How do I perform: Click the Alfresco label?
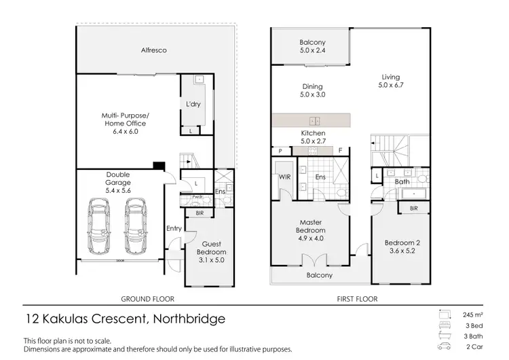154,50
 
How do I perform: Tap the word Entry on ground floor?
174,228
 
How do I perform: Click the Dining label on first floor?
312,86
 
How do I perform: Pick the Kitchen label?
312,133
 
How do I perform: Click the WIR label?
284,177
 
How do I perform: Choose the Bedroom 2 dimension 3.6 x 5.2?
400,250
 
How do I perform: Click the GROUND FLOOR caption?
147,298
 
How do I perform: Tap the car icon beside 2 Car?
445,348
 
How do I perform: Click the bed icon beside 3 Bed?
445,326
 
